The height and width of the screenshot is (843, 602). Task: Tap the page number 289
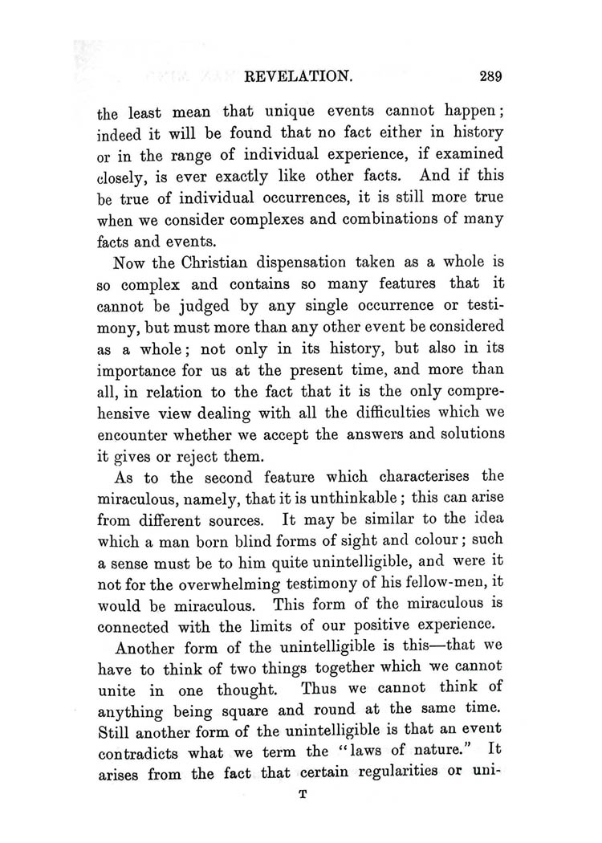(487, 77)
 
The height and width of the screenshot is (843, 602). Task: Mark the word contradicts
(141, 754)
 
